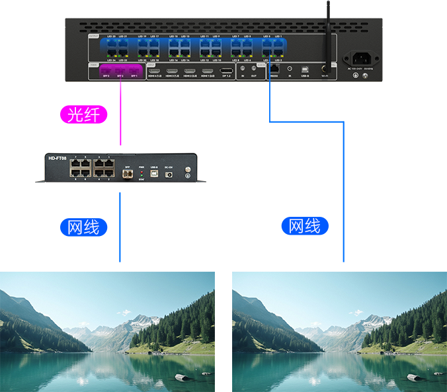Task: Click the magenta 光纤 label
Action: pyautogui.click(x=84, y=114)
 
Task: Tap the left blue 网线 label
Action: pyautogui.click(x=83, y=227)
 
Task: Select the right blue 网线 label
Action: pyautogui.click(x=304, y=225)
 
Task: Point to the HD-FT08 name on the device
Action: pyautogui.click(x=58, y=158)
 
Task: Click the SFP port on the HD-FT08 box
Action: pyautogui.click(x=128, y=173)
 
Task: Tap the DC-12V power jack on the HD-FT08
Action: pyautogui.click(x=168, y=173)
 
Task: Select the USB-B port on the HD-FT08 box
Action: pyautogui.click(x=154, y=173)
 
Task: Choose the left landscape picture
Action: pyautogui.click(x=107, y=331)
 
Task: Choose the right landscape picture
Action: pyautogui.click(x=339, y=331)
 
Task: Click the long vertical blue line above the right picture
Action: pyautogui.click(x=343, y=192)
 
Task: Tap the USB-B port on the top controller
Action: pyautogui.click(x=305, y=69)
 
